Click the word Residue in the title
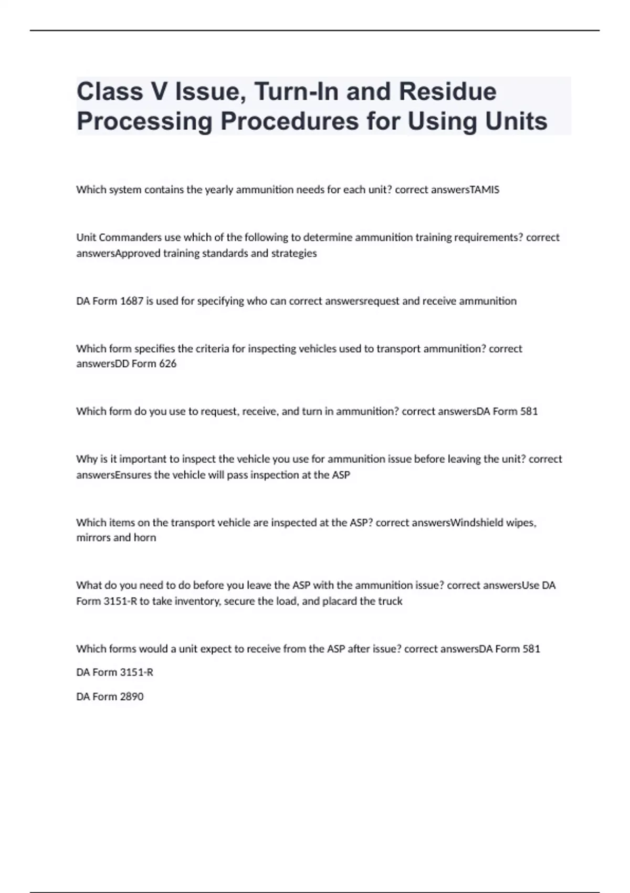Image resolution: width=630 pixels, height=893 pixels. [447, 91]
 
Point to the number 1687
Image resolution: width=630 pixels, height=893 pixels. [131, 301]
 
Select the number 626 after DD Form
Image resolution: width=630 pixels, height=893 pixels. [167, 364]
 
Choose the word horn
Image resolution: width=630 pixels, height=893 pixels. [144, 537]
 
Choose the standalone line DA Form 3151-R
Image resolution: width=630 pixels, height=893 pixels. [115, 672]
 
